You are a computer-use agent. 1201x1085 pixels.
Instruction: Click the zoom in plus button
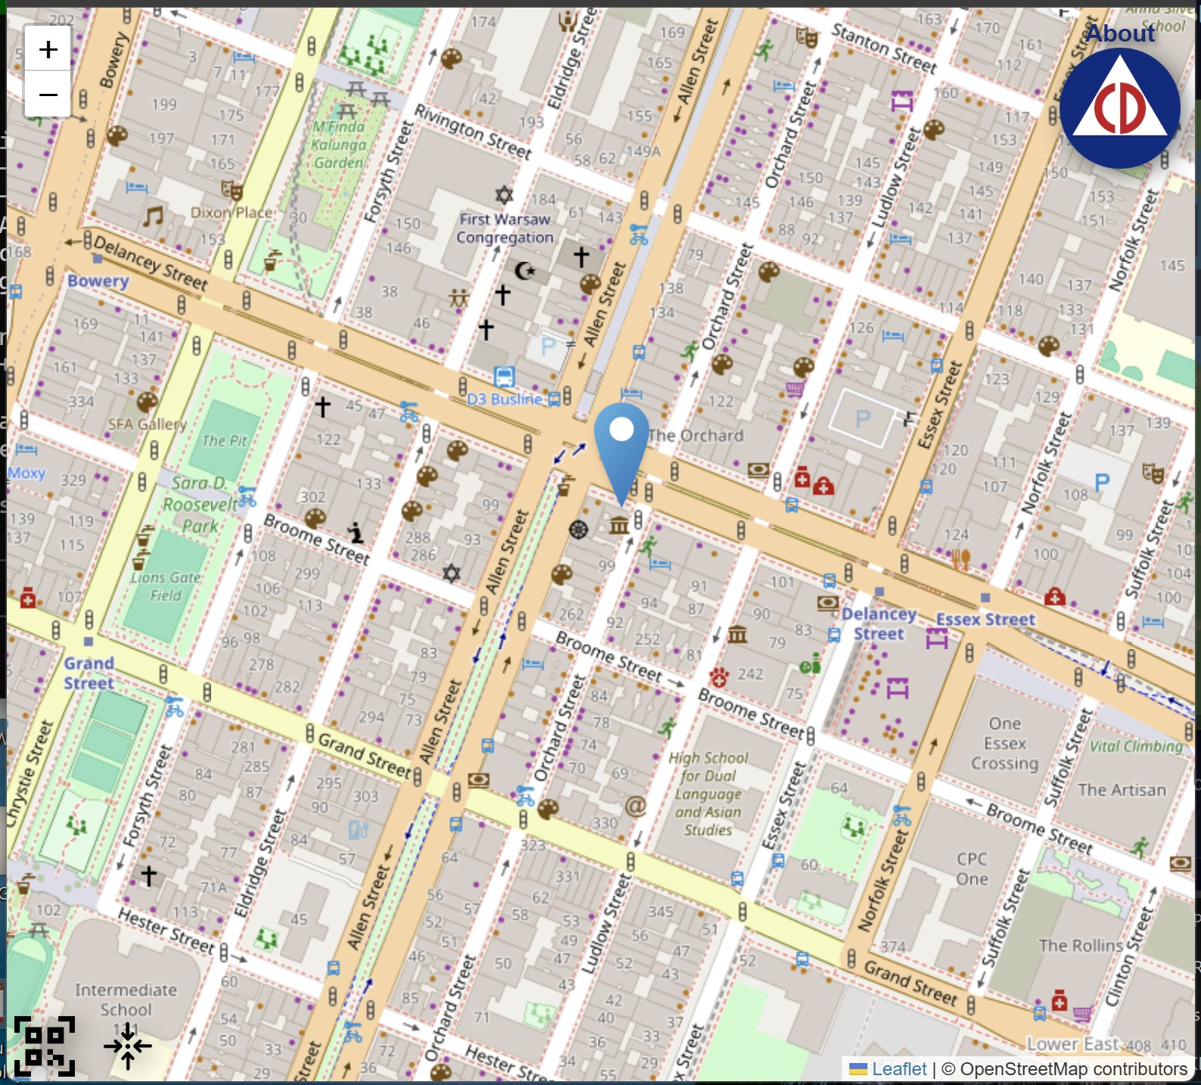[48, 50]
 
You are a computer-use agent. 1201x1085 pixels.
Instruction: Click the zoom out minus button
[48, 95]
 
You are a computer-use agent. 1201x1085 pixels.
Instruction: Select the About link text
[1120, 34]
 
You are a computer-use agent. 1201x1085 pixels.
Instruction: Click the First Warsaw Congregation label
[504, 228]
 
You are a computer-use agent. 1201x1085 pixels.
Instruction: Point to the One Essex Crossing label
[1004, 743]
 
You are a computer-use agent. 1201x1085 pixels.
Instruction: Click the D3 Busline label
[504, 399]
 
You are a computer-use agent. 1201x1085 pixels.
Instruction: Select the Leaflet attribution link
[898, 1068]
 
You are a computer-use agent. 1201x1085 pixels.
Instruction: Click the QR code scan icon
[45, 1046]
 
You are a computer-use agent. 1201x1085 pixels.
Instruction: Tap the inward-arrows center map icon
[128, 1046]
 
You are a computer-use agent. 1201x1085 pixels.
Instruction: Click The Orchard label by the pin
[695, 435]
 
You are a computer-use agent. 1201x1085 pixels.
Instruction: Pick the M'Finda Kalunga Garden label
[339, 144]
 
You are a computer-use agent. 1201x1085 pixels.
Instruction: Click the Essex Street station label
[985, 619]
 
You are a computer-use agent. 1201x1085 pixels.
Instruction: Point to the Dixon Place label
[231, 213]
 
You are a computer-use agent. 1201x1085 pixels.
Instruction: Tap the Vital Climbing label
[1136, 746]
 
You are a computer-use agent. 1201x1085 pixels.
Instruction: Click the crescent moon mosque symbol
[524, 269]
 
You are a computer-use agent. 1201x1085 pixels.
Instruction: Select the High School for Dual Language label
[709, 793]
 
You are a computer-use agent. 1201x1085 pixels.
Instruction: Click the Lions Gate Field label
[166, 586]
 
